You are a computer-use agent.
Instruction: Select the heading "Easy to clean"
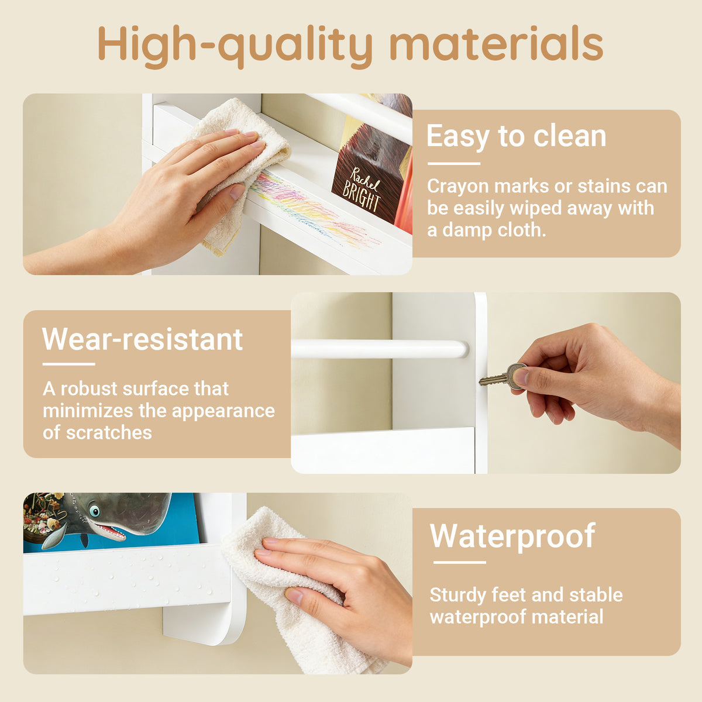click(x=516, y=136)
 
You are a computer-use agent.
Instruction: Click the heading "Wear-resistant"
click(x=142, y=339)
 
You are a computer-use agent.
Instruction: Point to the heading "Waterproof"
click(x=512, y=536)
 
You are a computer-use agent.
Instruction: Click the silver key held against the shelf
click(x=503, y=376)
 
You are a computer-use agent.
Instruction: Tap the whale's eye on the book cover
click(x=94, y=511)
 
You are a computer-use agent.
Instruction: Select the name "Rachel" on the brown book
click(x=365, y=179)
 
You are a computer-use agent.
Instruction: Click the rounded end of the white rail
click(x=462, y=349)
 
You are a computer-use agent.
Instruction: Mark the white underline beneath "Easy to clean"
click(x=453, y=164)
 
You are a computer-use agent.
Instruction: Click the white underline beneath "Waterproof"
click(x=459, y=562)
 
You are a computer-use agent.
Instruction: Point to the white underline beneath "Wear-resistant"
click(x=69, y=364)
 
